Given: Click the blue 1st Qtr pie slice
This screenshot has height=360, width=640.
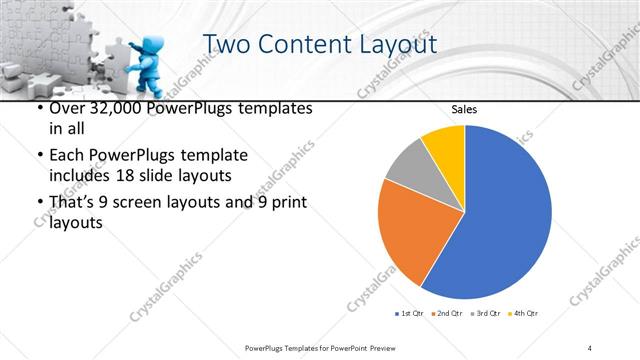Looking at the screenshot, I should (x=505, y=215).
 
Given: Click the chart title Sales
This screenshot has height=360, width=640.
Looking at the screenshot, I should (x=464, y=108).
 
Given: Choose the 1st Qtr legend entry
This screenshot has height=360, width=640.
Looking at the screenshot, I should (x=411, y=314).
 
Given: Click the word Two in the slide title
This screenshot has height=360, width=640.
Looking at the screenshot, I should (x=227, y=46).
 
